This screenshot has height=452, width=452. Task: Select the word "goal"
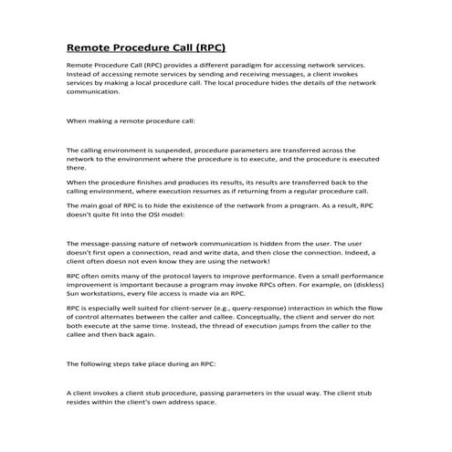[108, 208]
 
